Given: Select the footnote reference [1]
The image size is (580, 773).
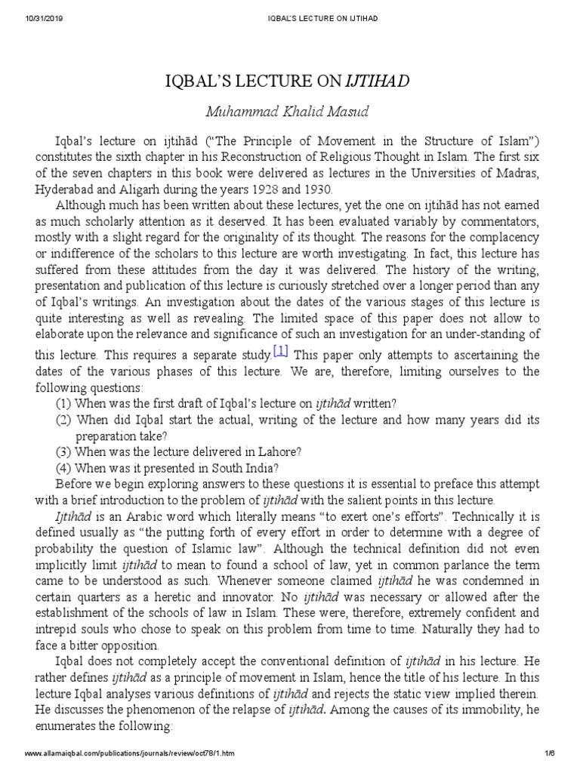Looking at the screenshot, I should click(x=280, y=350).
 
